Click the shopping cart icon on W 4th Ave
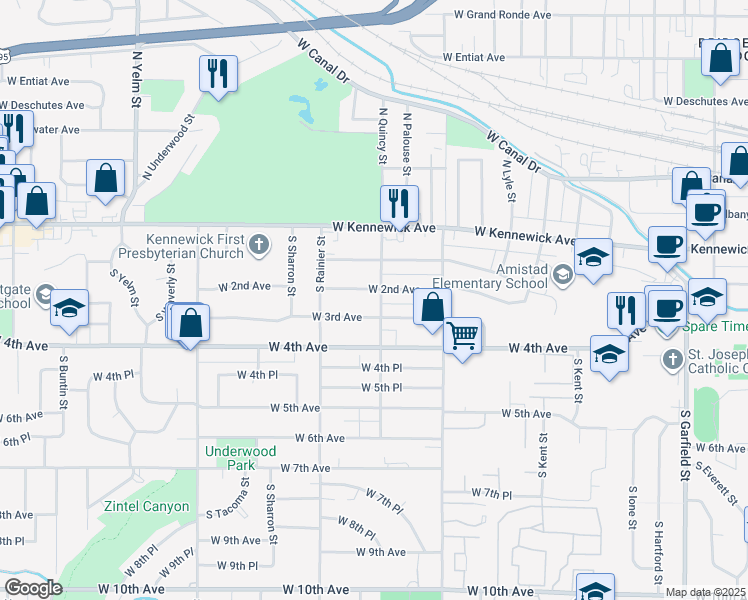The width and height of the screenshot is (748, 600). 462,337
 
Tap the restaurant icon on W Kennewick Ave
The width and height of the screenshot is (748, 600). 399,203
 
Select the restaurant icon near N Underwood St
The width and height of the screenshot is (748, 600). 217,73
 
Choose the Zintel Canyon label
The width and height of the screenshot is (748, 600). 147,506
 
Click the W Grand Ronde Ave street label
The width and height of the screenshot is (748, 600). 502,15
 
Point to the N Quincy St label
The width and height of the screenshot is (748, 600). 382,139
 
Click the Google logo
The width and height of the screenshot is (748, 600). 33,588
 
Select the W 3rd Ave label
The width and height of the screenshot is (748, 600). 337,317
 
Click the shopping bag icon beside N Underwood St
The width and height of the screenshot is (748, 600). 105,179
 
